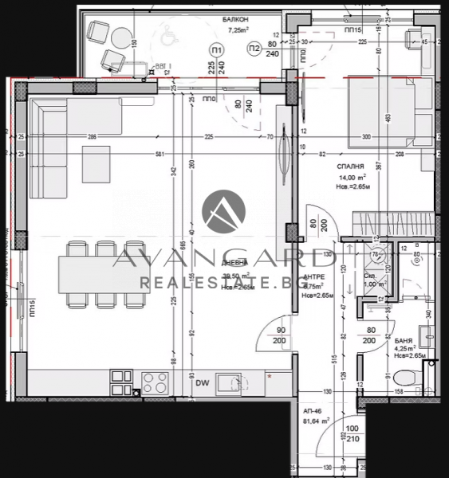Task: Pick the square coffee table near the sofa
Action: click(x=99, y=164)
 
